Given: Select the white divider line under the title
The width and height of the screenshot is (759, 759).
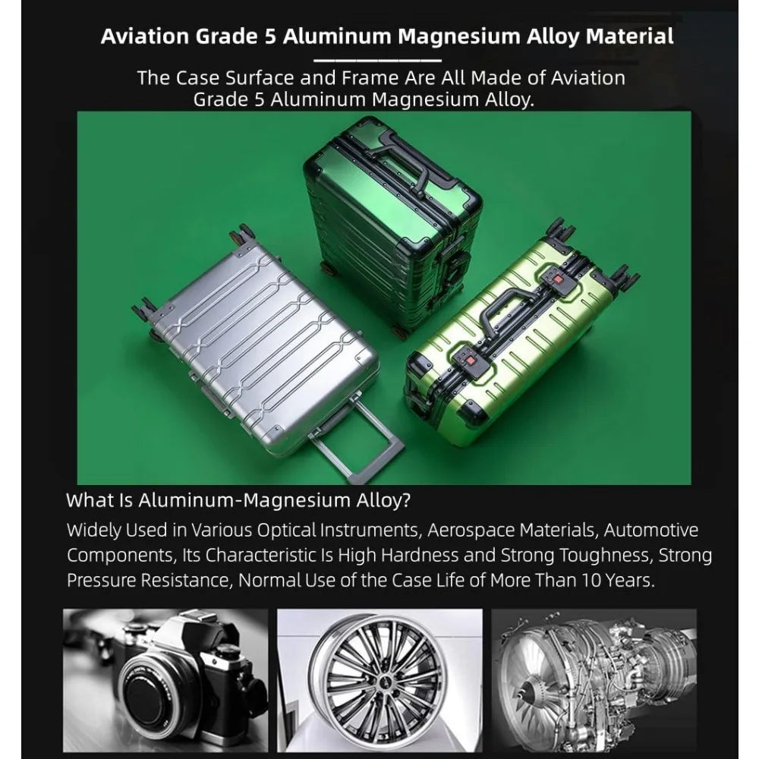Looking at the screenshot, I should [x=377, y=59].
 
